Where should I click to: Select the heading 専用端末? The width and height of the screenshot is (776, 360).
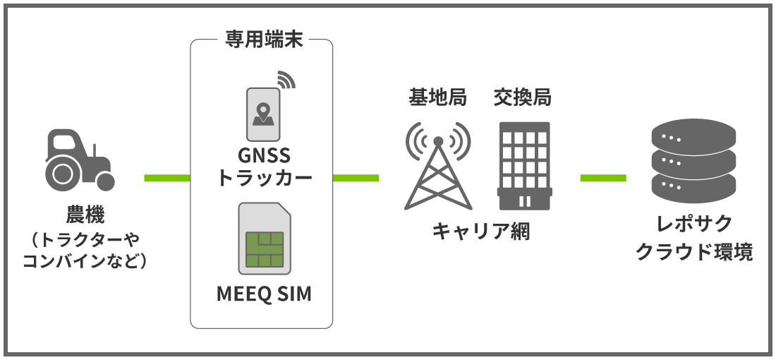pos(260,40)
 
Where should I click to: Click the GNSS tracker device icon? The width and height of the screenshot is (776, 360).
pos(263,113)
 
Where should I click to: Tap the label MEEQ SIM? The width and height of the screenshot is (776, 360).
pos(264,294)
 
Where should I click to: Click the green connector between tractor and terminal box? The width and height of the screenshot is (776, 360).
pos(167,177)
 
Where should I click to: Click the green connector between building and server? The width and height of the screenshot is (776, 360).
pos(603,177)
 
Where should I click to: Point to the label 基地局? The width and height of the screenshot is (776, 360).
pos(438,98)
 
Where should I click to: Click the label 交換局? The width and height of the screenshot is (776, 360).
pos(523,98)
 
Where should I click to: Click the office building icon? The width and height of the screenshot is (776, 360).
pos(523,166)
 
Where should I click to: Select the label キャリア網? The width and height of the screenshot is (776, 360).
pos(480,231)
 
